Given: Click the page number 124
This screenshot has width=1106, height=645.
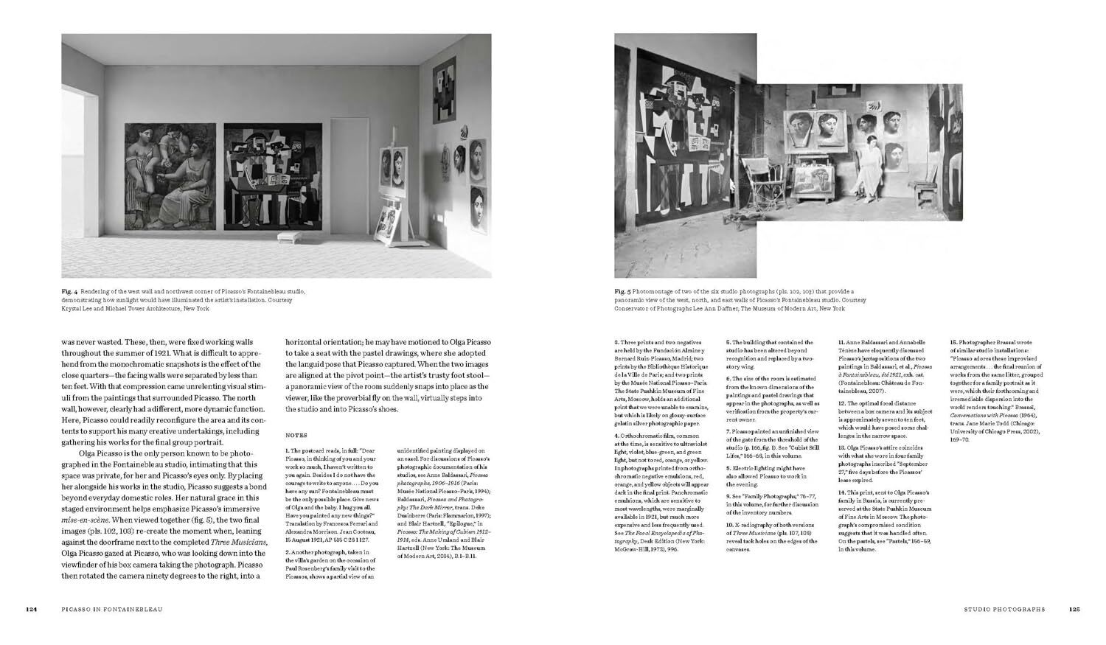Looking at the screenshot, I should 32,610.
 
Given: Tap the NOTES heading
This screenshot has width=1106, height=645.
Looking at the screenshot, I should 296,436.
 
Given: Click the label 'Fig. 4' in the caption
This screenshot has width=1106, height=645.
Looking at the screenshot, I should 70,292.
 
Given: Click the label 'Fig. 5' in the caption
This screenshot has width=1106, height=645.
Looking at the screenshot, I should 622,292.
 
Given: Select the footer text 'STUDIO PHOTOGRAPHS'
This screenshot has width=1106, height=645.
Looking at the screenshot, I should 1004,610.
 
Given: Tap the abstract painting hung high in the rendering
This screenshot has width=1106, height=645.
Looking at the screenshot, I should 444,92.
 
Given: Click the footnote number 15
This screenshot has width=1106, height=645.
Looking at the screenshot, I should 953,343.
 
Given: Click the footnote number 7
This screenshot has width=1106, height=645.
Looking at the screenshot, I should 728,431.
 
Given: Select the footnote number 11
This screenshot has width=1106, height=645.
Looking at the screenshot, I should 841,343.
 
